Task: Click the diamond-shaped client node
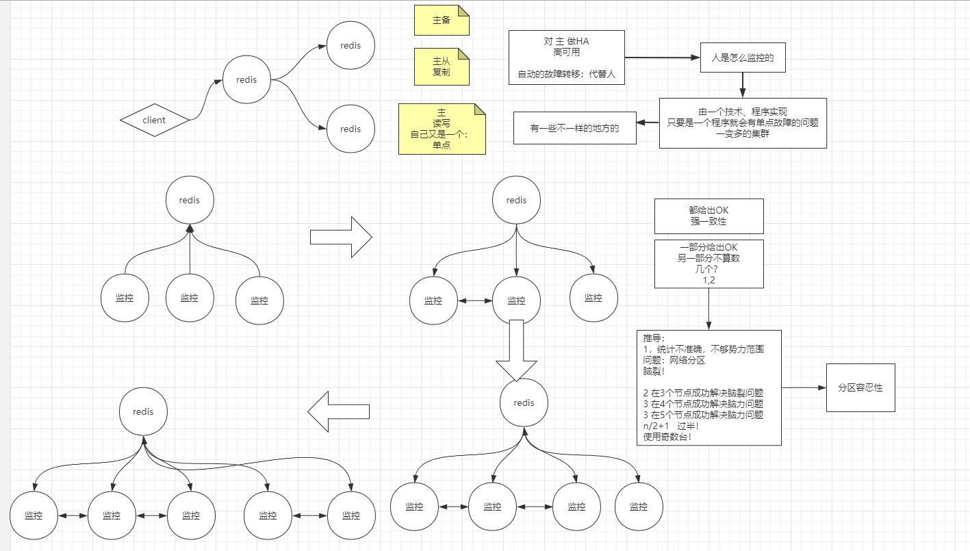[154, 120]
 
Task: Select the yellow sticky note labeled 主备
[442, 21]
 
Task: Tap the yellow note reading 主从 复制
[442, 66]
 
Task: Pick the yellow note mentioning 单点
[442, 129]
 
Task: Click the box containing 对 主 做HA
[567, 57]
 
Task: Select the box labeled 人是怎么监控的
[742, 58]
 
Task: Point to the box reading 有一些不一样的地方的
[574, 128]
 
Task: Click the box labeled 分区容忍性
[860, 387]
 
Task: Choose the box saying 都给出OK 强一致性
[708, 216]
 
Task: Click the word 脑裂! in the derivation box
[654, 370]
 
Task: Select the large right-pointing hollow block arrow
[341, 238]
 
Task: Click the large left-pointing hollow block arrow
[339, 411]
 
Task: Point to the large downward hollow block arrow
[517, 350]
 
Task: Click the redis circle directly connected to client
[246, 80]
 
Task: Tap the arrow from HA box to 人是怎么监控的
[662, 58]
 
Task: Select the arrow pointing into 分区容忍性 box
[804, 387]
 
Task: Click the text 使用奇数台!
[667, 437]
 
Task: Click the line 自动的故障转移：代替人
[567, 75]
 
